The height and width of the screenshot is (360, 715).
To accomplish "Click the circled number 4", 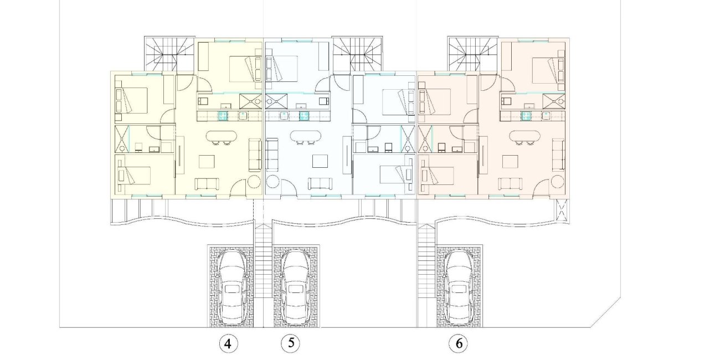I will (x=228, y=344).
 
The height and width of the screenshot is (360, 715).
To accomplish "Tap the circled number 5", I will (x=290, y=343).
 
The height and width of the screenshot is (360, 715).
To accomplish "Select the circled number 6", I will (x=458, y=344).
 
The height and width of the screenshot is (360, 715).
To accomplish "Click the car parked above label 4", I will (x=232, y=286).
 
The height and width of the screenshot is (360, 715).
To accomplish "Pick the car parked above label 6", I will (x=460, y=286).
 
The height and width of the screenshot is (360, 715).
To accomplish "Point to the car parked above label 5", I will (x=295, y=286).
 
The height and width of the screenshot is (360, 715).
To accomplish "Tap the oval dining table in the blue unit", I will (x=305, y=136).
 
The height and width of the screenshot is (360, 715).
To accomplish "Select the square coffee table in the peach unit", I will (x=511, y=161).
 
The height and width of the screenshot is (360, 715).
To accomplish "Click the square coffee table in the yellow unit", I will (x=207, y=161).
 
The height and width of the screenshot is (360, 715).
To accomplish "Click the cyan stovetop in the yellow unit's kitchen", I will (x=223, y=116).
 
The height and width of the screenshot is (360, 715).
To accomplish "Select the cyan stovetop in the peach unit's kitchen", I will (x=526, y=116).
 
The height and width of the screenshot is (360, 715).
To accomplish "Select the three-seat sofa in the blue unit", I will (x=272, y=155).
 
